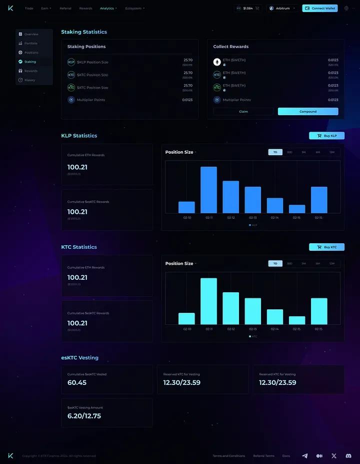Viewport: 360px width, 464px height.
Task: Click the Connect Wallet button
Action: point(320,9)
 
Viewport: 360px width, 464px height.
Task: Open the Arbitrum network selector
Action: point(282,9)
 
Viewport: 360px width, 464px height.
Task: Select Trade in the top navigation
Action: point(29,9)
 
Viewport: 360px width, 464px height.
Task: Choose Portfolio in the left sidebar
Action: point(30,44)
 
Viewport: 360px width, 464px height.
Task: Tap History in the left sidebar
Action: point(29,80)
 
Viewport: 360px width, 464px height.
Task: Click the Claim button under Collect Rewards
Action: point(243,112)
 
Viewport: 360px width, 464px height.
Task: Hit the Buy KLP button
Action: point(326,136)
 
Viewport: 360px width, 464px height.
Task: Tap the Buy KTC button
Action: point(326,247)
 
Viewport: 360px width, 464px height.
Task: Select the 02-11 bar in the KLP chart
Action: point(208,190)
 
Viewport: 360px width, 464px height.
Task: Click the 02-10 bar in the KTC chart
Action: point(186,319)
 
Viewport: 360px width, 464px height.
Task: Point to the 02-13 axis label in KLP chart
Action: point(252,218)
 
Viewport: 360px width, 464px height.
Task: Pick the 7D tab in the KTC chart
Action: point(275,263)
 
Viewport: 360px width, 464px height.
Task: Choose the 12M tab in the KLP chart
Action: point(331,152)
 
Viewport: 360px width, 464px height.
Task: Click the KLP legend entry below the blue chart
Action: point(252,225)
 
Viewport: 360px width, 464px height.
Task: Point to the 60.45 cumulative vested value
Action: point(77,383)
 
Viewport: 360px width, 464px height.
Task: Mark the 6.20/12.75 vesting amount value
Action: point(84,416)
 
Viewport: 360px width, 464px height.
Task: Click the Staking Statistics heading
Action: point(84,32)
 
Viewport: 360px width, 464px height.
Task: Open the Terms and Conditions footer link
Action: point(228,456)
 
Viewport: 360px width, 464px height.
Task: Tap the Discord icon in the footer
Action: point(348,456)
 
